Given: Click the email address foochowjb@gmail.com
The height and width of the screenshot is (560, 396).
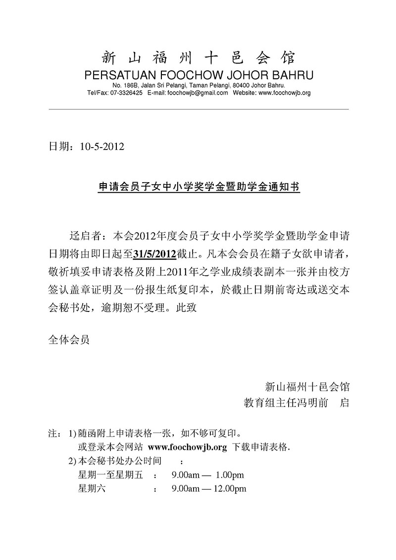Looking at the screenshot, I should point(197,93).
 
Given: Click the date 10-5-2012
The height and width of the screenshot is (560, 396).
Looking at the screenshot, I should point(101,147).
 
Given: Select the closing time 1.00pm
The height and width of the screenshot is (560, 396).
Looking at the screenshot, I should point(230,475).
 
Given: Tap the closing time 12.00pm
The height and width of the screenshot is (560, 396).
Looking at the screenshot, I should point(231,489).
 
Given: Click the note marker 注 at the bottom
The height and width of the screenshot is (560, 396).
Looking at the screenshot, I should point(51,434).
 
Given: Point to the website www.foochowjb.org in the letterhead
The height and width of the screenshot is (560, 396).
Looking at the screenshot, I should point(285,93).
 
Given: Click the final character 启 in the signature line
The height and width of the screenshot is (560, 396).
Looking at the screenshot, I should point(345,403).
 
